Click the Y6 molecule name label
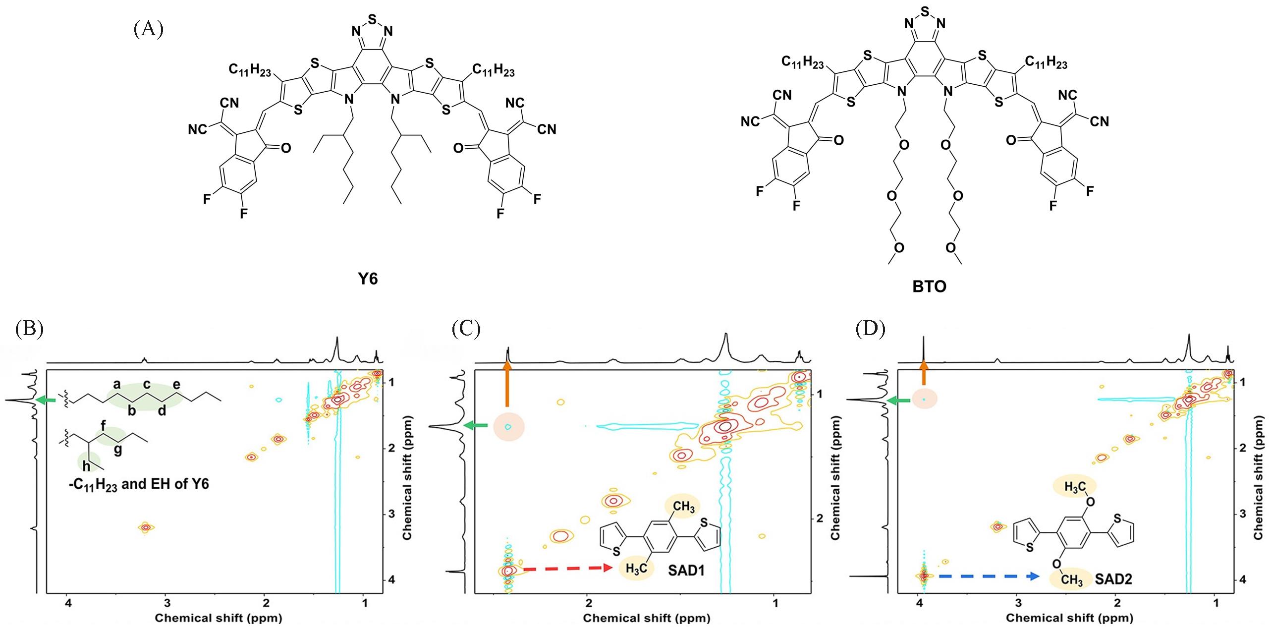click(x=368, y=280)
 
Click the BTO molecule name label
click(x=929, y=287)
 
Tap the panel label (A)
click(x=148, y=29)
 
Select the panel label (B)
click(x=29, y=329)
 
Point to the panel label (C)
click(x=466, y=329)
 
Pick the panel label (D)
click(x=871, y=329)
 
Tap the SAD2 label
click(x=1113, y=578)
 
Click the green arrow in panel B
click(x=48, y=400)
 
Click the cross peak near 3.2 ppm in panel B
click(x=145, y=527)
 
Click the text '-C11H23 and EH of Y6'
click(x=139, y=484)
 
